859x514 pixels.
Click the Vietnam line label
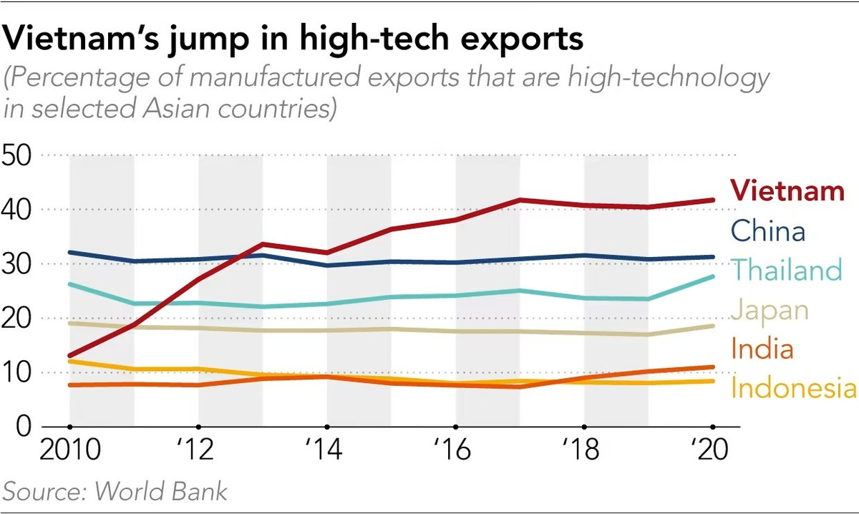pos(787,192)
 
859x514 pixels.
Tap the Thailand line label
pos(786,271)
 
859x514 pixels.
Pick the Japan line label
pos(770,311)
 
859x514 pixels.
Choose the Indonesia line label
pos(793,389)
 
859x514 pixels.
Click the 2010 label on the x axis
pos(69,452)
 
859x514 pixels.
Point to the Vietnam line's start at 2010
pos(69,356)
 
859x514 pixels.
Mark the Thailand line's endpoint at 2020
pos(712,276)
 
